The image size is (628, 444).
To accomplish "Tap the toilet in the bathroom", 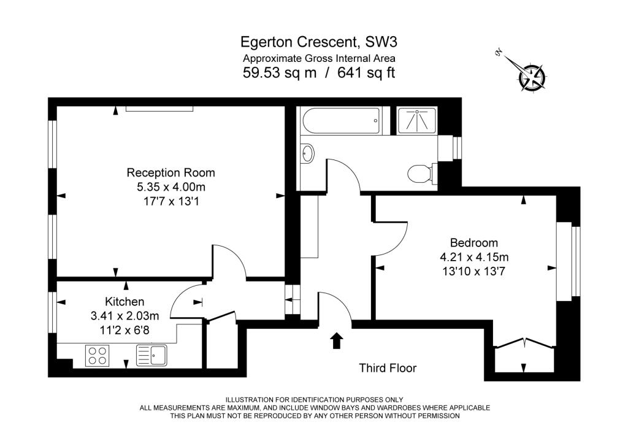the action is pyautogui.click(x=420, y=174).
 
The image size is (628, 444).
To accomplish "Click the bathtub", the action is pyautogui.click(x=341, y=121).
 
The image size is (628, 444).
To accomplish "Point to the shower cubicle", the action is pyautogui.click(x=416, y=121).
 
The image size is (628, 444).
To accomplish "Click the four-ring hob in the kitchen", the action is pyautogui.click(x=98, y=356).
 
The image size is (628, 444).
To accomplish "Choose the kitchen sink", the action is pyautogui.click(x=152, y=356).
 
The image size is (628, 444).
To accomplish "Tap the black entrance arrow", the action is pyautogui.click(x=337, y=340).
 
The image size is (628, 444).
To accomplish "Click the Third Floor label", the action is pyautogui.click(x=388, y=368).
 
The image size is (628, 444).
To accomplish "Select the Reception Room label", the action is pyautogui.click(x=171, y=172).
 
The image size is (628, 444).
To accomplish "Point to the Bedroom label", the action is pyautogui.click(x=474, y=243).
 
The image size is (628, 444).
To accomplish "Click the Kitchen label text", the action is pyautogui.click(x=124, y=302).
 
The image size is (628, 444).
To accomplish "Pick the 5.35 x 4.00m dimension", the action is pyautogui.click(x=171, y=187).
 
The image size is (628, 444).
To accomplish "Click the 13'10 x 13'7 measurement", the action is pyautogui.click(x=474, y=272).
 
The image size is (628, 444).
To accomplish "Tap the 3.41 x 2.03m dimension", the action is pyautogui.click(x=124, y=316).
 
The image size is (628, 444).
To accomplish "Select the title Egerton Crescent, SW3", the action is pyautogui.click(x=319, y=42).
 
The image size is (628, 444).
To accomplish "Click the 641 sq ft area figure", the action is pyautogui.click(x=367, y=72).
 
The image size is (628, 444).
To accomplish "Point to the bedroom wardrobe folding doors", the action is pyautogui.click(x=524, y=343).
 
